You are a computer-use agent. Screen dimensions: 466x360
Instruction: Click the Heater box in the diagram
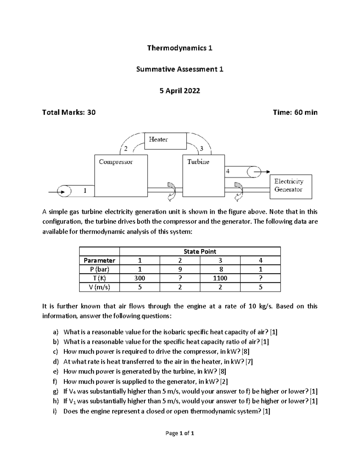coord(165,141)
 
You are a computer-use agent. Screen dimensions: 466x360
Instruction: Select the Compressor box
coord(121,176)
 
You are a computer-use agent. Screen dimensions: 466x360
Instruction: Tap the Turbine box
coord(203,176)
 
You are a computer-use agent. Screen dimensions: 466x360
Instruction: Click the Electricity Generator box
coord(291,187)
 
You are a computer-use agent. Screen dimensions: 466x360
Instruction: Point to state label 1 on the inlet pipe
coord(85,190)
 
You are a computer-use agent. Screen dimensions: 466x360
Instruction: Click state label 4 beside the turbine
coord(228,171)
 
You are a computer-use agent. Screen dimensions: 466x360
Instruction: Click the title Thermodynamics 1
coord(180,48)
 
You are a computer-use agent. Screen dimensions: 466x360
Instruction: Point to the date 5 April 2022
coord(180,91)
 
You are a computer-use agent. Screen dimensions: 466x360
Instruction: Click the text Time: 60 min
coord(295,113)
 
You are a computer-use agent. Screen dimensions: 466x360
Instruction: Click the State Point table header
coord(200,251)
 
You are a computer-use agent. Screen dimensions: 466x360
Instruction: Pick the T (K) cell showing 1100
coord(220,278)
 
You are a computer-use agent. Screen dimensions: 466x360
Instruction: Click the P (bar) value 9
coord(180,269)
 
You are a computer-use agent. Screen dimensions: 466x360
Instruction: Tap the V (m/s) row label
coord(99,287)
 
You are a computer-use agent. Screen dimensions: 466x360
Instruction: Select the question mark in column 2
coord(180,278)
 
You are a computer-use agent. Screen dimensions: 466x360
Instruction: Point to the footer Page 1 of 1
coord(180,433)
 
